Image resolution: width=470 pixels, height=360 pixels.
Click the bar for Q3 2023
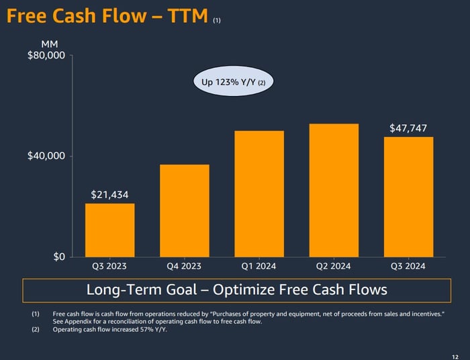[x=109, y=230]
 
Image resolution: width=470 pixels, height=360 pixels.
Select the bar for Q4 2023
[x=184, y=210]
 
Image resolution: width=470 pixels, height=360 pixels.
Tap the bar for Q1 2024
[x=258, y=193]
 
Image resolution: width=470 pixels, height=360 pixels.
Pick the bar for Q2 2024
[x=334, y=190]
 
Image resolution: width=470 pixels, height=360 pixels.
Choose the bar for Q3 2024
[x=408, y=197]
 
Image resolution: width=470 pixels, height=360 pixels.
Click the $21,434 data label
[x=109, y=195]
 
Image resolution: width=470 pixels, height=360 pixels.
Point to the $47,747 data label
[x=408, y=128]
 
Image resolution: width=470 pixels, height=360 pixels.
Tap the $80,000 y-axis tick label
[x=46, y=55]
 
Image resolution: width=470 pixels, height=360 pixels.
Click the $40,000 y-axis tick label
[x=46, y=156]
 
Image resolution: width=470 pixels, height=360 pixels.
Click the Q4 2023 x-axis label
[x=184, y=266]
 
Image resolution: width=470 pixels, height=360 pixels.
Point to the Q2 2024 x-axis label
[x=334, y=266]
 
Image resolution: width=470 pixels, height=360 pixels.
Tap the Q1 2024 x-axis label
[x=258, y=266]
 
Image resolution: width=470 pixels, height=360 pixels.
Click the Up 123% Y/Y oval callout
[x=234, y=83]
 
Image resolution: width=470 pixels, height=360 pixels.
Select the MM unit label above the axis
[x=50, y=43]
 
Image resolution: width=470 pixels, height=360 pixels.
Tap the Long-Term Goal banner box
[x=236, y=290]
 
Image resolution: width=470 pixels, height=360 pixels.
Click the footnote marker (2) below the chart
[x=35, y=329]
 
